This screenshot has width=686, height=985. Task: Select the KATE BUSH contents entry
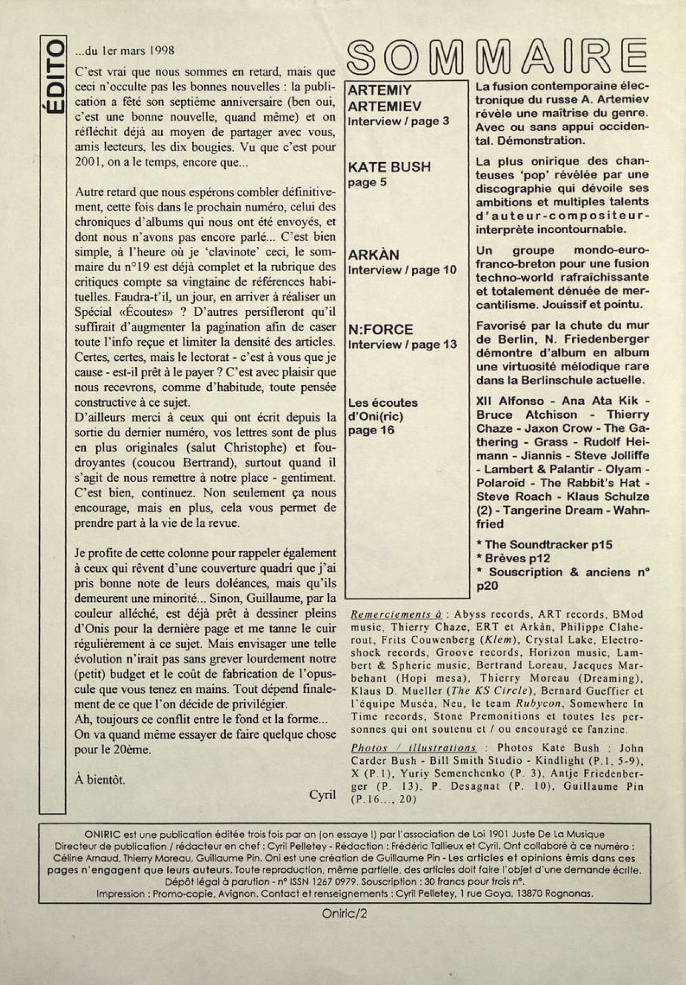tap(389, 167)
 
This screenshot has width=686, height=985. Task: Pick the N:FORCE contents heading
tap(380, 330)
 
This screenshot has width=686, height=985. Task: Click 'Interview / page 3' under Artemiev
tap(398, 121)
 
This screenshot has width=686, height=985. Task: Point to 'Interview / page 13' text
tap(403, 344)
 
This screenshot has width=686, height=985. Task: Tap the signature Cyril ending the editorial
tap(322, 794)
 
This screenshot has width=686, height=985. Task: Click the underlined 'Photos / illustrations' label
tap(414, 748)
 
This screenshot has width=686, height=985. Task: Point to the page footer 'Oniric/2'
tap(344, 914)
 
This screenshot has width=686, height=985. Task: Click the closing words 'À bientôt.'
tap(100, 780)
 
